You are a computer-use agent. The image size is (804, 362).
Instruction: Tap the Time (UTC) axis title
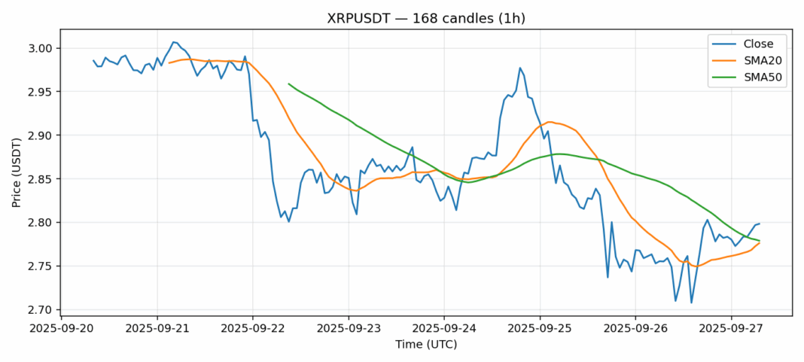point(426,345)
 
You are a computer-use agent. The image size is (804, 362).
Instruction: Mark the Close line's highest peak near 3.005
point(173,42)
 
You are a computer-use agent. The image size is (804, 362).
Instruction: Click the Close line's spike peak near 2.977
point(520,68)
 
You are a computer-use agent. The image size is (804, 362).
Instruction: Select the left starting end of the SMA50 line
point(289,84)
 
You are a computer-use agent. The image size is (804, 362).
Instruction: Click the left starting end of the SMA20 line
point(169,62)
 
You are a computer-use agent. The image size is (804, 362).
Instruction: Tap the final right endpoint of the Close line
point(759,224)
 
